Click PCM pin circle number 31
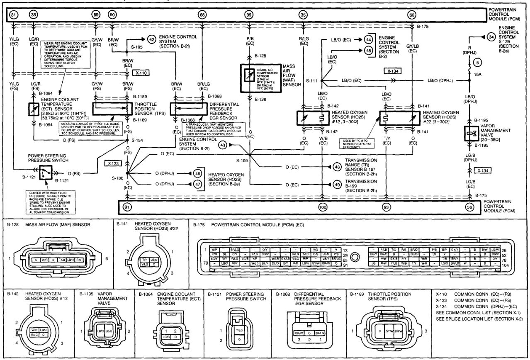(13, 15)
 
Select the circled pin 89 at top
(96, 15)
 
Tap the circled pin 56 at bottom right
(469, 207)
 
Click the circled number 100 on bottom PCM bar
(323, 207)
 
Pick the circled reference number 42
(152, 39)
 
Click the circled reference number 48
(336, 167)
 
